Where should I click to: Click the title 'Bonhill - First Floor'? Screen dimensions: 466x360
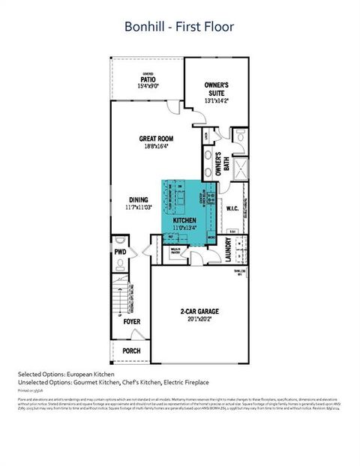coord(179,27)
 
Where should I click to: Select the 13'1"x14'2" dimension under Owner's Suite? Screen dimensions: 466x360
coord(217,100)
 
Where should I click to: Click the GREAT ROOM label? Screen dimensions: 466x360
coord(157,139)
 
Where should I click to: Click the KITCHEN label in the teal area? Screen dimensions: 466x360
coord(184,221)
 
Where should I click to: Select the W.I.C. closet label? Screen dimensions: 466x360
coord(232,209)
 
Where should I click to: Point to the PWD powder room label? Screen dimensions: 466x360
coord(120,252)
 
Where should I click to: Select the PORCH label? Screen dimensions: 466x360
coord(130,351)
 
